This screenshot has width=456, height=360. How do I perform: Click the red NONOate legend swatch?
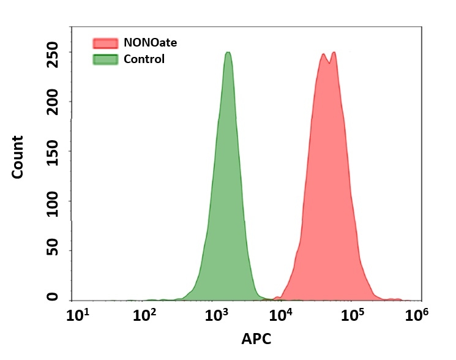(105, 43)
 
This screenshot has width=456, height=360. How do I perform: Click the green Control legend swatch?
(105, 59)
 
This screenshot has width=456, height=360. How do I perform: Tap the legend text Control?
(144, 59)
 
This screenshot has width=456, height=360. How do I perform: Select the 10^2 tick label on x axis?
(146, 315)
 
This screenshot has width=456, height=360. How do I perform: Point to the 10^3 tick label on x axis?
(216, 315)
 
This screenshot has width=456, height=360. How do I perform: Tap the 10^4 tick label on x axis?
(283, 315)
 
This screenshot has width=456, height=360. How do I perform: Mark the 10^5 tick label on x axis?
(353, 315)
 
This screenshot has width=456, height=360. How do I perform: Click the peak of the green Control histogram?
(228, 53)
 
